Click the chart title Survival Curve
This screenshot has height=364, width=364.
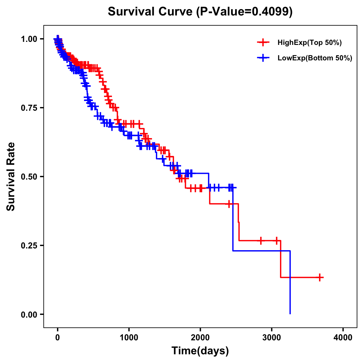click(x=150, y=12)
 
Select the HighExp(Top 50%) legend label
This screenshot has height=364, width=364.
click(x=309, y=43)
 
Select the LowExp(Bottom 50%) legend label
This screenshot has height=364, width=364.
click(x=315, y=58)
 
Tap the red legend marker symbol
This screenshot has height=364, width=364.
click(x=263, y=43)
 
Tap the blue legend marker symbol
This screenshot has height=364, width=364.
click(x=263, y=58)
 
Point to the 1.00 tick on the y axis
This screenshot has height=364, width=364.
click(x=29, y=39)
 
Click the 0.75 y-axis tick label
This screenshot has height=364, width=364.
click(x=29, y=108)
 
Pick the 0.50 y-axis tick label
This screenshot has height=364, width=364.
click(x=29, y=177)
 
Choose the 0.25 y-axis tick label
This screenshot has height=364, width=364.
click(x=29, y=246)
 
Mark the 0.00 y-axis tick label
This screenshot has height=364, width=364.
click(x=29, y=315)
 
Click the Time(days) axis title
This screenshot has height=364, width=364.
click(x=200, y=351)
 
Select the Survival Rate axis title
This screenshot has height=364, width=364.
click(x=11, y=177)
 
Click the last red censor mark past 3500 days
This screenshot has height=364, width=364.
click(x=320, y=277)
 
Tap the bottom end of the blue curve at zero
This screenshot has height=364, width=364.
click(x=290, y=313)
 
